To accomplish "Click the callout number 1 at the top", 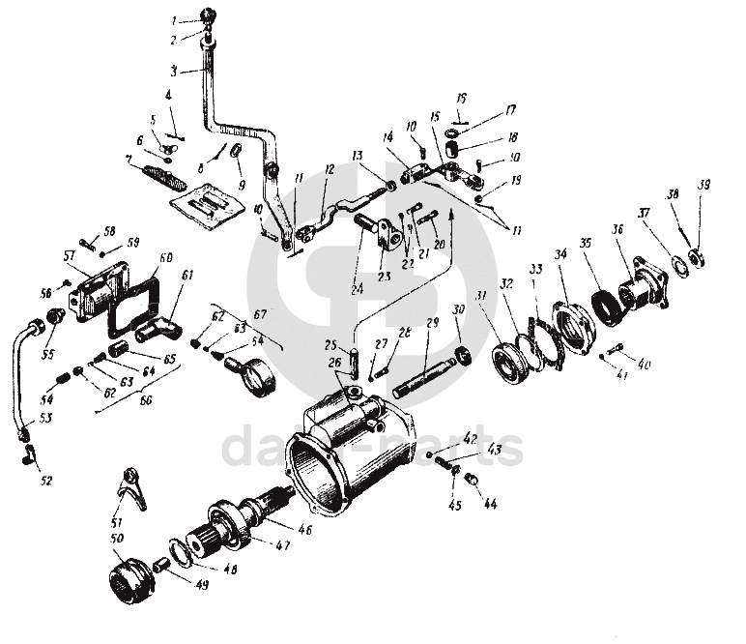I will (175, 20).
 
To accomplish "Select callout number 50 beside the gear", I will (118, 538).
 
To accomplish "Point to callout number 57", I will (69, 255).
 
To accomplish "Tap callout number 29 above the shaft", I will (432, 321).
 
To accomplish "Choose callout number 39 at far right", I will (704, 185).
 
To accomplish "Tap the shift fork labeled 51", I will (127, 489).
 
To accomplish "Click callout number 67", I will (258, 314).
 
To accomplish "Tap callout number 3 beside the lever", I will (174, 71).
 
